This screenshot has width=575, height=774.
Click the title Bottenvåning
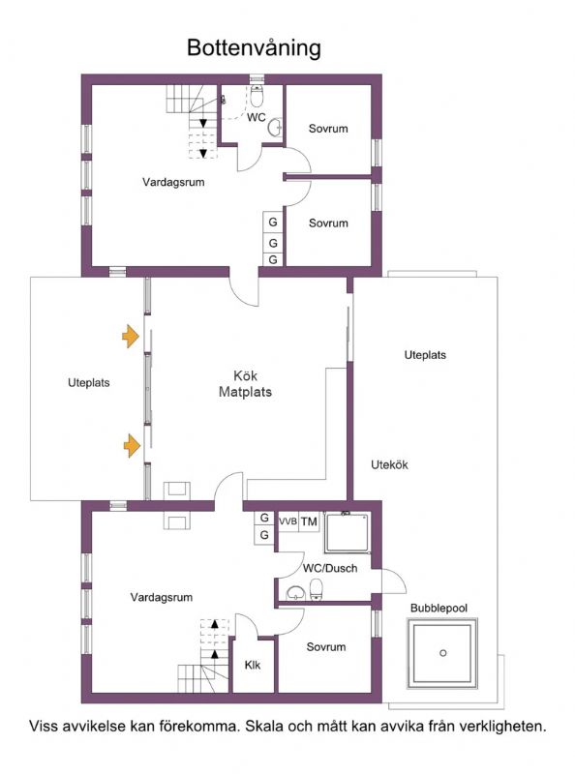pos(254,47)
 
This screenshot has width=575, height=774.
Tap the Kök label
pos(246,376)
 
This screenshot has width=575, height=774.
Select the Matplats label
pos(246,393)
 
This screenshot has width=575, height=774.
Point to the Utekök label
pos(390,464)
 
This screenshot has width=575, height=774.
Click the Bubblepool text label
pos(438,608)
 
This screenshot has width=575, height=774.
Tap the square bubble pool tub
pos(442,653)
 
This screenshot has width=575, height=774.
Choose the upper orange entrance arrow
pos(128,336)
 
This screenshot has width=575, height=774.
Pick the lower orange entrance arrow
pos(128,445)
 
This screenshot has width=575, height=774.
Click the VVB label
pos(287,521)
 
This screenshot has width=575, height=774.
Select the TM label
pos(309,521)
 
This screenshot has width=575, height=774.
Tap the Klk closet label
pos(253,665)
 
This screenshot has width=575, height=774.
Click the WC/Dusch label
pos(331,569)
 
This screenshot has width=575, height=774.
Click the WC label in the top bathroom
pos(256,118)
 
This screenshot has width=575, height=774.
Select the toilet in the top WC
pos(257,96)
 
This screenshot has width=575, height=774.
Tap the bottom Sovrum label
pos(326,646)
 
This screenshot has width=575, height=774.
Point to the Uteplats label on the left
pos(89,382)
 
